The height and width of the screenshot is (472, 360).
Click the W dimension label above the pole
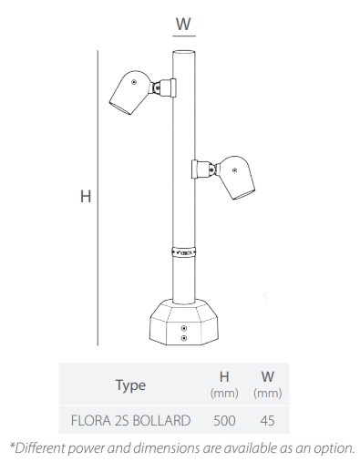point(183,24)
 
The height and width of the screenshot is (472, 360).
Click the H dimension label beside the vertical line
point(86,196)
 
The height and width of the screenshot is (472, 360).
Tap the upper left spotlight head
point(130,92)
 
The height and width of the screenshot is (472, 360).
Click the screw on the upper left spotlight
point(134,82)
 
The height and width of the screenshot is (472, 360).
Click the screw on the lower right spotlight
point(234,170)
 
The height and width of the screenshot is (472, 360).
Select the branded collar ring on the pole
point(184,252)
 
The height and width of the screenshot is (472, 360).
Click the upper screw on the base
point(183,328)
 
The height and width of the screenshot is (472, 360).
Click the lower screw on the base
point(183,338)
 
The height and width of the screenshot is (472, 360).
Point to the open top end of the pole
point(184,52)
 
